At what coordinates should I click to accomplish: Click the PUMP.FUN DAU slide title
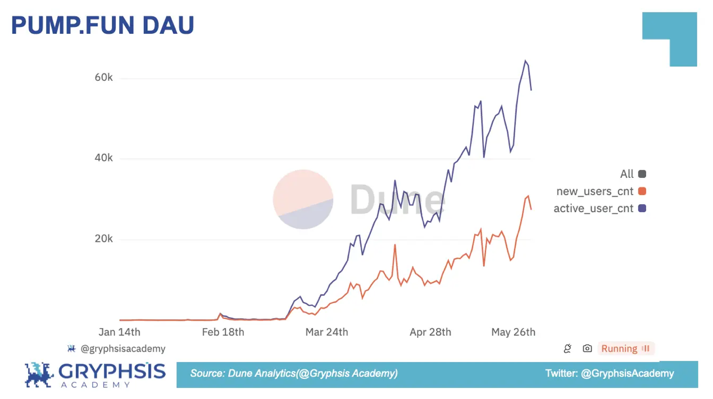(x=102, y=26)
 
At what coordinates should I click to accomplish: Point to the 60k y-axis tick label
(x=103, y=77)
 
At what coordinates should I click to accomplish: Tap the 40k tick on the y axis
(x=103, y=158)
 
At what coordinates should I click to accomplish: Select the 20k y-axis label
(x=103, y=239)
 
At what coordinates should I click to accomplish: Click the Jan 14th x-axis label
(x=119, y=332)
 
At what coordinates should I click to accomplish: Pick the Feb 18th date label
(x=222, y=332)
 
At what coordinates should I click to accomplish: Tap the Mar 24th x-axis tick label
(x=326, y=332)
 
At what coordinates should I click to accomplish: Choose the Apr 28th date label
(x=430, y=332)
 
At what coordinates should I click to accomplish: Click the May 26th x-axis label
(x=513, y=332)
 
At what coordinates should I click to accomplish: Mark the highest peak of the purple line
(x=525, y=61)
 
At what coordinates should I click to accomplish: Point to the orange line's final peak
(x=528, y=196)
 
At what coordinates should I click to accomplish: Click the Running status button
(x=625, y=348)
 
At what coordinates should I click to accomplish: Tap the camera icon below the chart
(x=587, y=348)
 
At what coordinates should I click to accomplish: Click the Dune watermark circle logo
(x=303, y=199)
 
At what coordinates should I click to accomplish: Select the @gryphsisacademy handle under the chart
(x=122, y=348)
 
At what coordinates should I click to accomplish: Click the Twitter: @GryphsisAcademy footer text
(x=609, y=373)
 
